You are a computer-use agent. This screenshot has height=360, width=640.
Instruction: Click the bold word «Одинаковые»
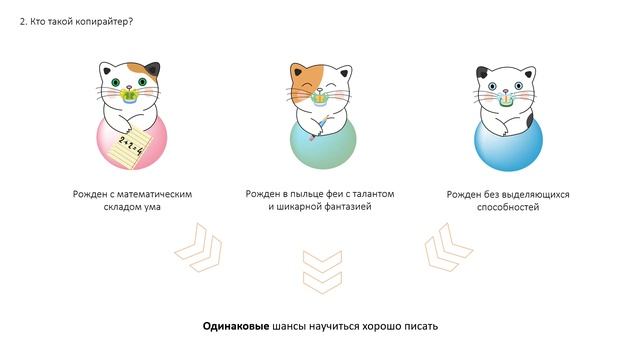(235, 327)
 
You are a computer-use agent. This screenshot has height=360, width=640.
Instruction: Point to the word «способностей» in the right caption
(508, 207)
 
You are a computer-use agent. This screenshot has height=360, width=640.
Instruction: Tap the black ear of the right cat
(483, 74)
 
